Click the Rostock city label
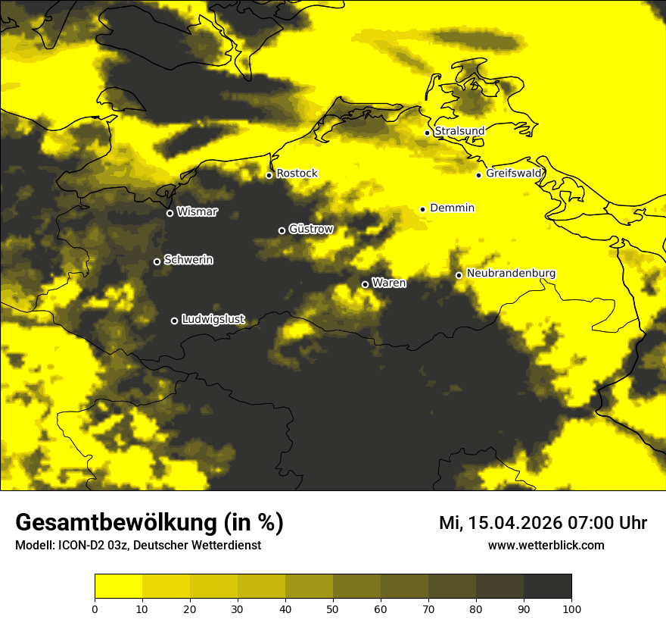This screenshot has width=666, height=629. (x=297, y=174)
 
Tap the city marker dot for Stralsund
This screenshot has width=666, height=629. (x=427, y=133)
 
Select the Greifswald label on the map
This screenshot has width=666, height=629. (x=514, y=174)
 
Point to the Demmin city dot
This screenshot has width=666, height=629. (x=422, y=209)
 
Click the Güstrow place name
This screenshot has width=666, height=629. (x=311, y=229)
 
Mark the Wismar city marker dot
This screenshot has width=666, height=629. (x=170, y=213)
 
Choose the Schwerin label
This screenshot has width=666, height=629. (x=188, y=260)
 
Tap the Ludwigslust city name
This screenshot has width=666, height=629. (x=213, y=320)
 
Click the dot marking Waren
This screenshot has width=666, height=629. (x=365, y=284)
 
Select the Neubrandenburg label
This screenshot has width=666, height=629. (x=511, y=274)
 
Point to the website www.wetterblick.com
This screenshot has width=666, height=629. (x=546, y=545)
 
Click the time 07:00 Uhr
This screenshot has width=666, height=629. (x=605, y=523)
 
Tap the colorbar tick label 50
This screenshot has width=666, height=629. (x=333, y=608)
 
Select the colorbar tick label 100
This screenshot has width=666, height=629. (x=571, y=608)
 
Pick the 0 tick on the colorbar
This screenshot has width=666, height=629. (x=95, y=608)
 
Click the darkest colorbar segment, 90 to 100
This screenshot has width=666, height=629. (x=547, y=587)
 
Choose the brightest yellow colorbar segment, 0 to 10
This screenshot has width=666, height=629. (x=118, y=587)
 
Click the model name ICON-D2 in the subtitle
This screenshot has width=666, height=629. (x=79, y=546)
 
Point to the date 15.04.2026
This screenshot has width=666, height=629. (x=512, y=523)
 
